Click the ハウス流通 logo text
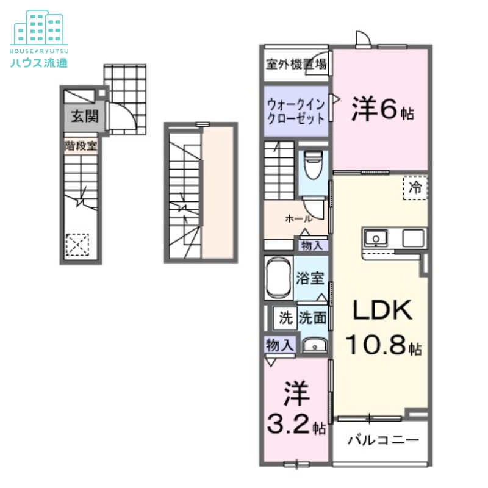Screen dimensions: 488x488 tap(38, 62)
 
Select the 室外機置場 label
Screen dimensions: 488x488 tap(296, 63)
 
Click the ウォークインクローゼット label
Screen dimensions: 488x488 tap(296, 111)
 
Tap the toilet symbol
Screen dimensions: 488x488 tap(314, 165)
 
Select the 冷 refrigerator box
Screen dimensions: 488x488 tap(415, 188)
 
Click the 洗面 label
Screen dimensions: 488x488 tap(312, 317)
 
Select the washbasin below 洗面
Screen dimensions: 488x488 tap(315, 346)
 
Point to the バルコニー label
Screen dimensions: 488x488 tap(383, 440)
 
